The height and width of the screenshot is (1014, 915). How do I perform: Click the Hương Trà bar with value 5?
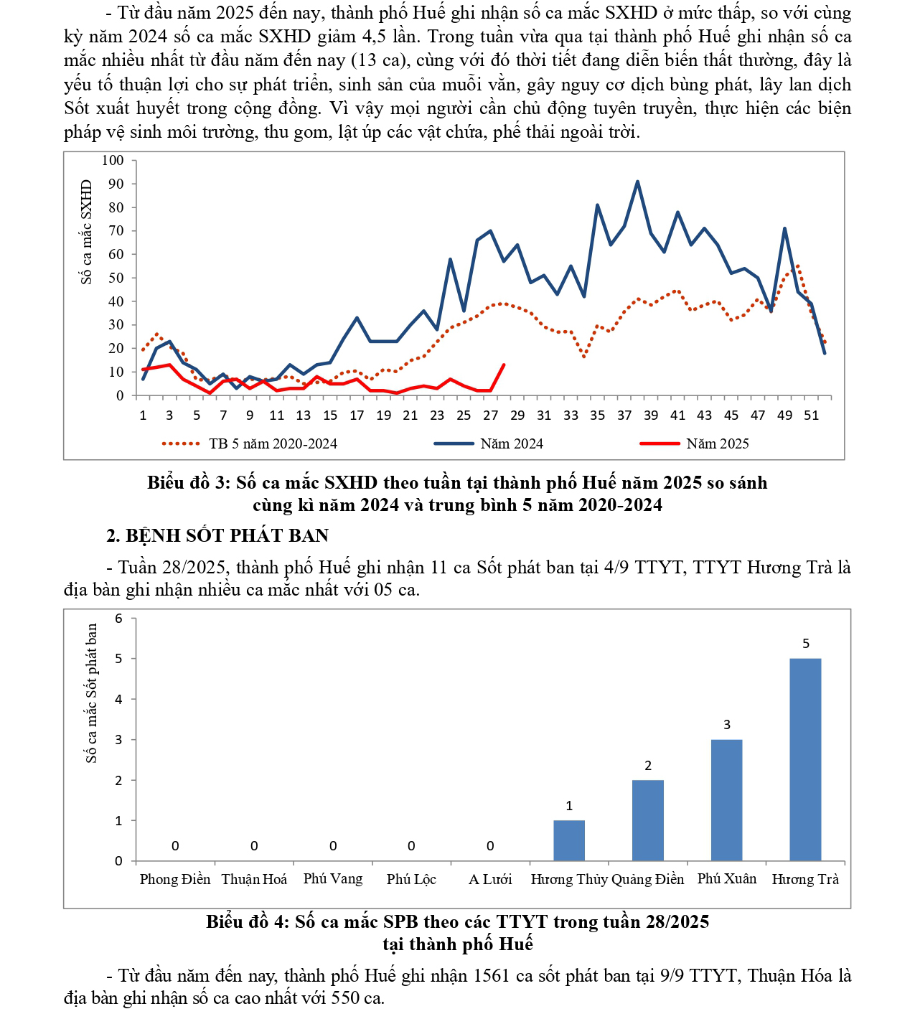pyautogui.click(x=804, y=759)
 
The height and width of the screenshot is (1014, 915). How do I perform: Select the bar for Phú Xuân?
pyautogui.click(x=726, y=799)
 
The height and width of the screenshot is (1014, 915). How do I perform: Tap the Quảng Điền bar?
pyautogui.click(x=647, y=820)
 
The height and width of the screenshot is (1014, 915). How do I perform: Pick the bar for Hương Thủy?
pyautogui.click(x=569, y=840)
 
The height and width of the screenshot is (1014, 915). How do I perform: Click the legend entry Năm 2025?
pyautogui.click(x=717, y=443)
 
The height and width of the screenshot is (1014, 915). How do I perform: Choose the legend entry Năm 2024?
pyautogui.click(x=511, y=443)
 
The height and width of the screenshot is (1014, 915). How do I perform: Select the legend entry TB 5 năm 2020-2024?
pyautogui.click(x=273, y=443)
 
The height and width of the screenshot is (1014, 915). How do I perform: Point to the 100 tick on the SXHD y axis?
pyautogui.click(x=113, y=160)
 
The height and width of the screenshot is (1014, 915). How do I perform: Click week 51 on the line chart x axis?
pyautogui.click(x=811, y=415)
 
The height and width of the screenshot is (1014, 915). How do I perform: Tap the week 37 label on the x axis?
pyautogui.click(x=624, y=415)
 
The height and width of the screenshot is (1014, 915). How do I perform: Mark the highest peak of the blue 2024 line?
pyautogui.click(x=637, y=182)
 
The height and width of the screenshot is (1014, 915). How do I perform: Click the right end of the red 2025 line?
pyautogui.click(x=504, y=365)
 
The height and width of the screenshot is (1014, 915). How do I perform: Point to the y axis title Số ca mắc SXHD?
pyautogui.click(x=87, y=232)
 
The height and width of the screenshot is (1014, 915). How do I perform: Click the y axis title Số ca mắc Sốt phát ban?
pyautogui.click(x=91, y=693)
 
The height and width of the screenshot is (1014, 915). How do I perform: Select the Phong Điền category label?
pyautogui.click(x=175, y=879)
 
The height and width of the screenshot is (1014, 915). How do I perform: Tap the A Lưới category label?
pyautogui.click(x=490, y=879)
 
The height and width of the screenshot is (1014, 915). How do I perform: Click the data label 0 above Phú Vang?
pyautogui.click(x=333, y=846)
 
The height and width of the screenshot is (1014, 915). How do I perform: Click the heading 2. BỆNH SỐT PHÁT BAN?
pyautogui.click(x=217, y=535)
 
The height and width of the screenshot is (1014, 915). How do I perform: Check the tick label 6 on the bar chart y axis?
pyautogui.click(x=119, y=618)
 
